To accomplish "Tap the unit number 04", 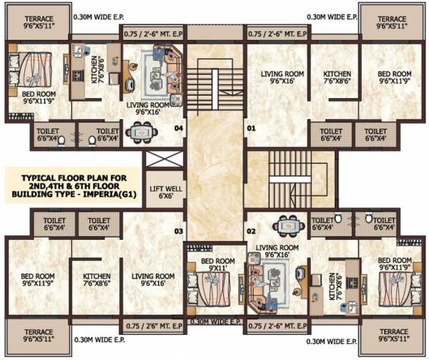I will click(x=179, y=129).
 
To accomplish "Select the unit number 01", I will click(x=251, y=129).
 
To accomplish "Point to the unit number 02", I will click(x=251, y=231).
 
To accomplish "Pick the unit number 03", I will click(x=179, y=231).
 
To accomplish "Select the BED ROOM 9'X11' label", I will click(x=214, y=263).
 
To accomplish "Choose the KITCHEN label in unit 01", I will click(x=334, y=77).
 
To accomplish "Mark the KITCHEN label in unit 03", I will click(x=96, y=279).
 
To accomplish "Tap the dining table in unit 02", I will click(x=288, y=226).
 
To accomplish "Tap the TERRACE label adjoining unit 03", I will click(x=37, y=335).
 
